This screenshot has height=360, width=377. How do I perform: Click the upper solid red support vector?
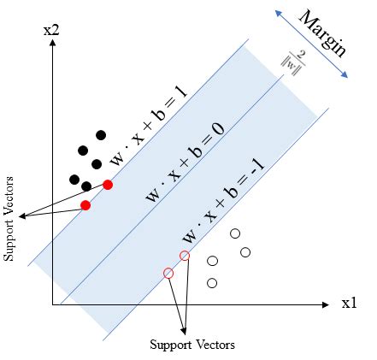tap(108, 184)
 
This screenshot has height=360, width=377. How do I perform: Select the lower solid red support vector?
tap(85, 205)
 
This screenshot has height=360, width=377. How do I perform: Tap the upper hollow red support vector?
tap(185, 256)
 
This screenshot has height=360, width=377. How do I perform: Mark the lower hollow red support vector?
tap(168, 273)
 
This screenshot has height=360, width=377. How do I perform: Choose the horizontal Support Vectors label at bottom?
tap(191, 345)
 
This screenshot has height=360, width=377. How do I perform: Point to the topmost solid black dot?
tap(101, 134)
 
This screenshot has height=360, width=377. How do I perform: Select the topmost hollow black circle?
tap(235, 233)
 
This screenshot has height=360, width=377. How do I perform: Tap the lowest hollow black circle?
tap(212, 282)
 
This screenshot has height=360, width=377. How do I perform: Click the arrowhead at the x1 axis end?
tap(326, 304)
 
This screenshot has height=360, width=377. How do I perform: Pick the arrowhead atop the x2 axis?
tap(53, 44)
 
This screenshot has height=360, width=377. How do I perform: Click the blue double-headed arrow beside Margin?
tap(310, 44)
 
